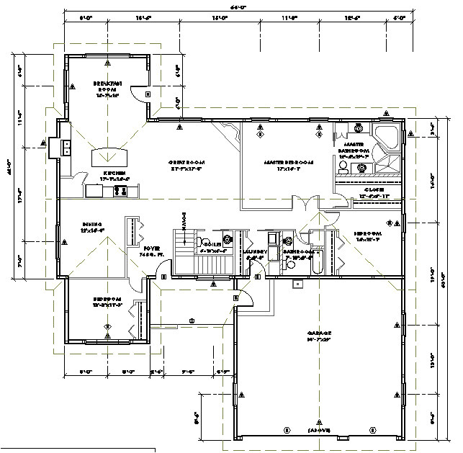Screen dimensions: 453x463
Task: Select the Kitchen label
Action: tap(114, 174)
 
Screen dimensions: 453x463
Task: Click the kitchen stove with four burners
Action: tap(120, 191)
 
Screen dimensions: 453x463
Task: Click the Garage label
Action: tap(320, 336)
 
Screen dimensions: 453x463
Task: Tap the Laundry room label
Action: tap(255, 252)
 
